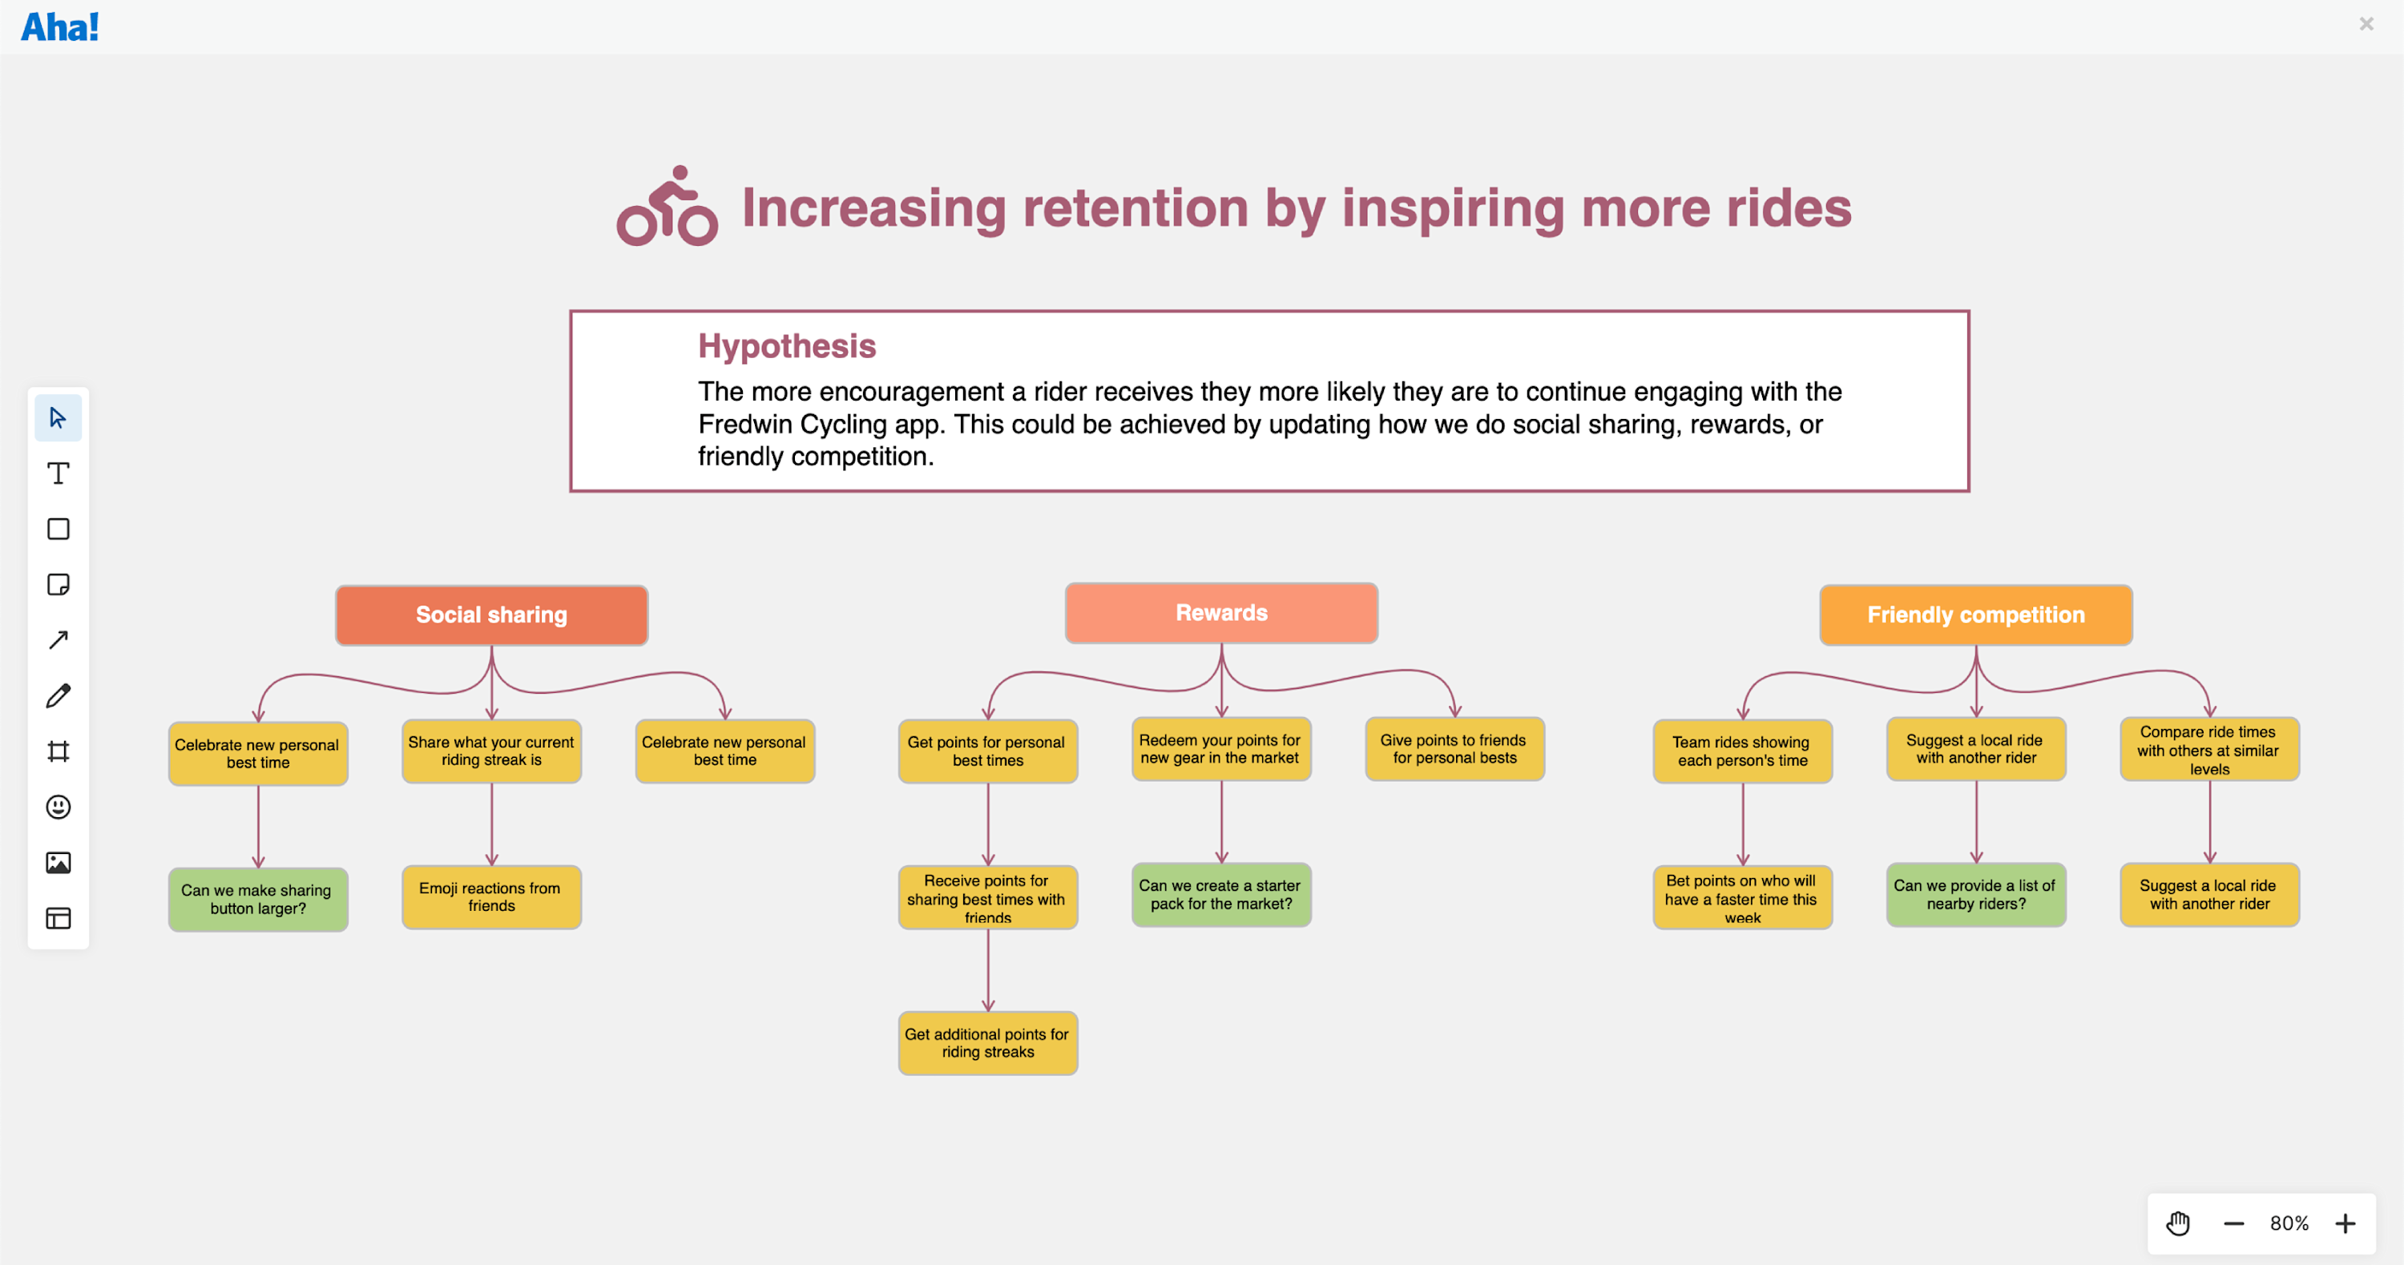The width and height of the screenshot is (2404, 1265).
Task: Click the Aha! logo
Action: pos(60,26)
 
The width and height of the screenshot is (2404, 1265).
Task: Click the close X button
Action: pos(2366,24)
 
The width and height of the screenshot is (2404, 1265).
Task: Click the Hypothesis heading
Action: pos(787,346)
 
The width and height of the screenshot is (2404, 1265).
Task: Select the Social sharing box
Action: pos(491,614)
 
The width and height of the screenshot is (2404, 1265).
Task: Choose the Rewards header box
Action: pos(1220,613)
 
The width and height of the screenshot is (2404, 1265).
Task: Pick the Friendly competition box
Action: pos(1974,614)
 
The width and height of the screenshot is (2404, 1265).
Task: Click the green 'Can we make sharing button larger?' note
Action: pos(257,900)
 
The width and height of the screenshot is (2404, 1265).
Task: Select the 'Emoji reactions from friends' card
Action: pos(491,896)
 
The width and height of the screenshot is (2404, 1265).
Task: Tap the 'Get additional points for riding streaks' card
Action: pos(987,1043)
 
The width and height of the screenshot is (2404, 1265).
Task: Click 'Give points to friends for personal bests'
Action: pos(1454,749)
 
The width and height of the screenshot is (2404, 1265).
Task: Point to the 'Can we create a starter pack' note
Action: pos(1220,895)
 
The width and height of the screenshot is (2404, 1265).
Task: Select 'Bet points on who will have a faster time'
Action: pos(1741,897)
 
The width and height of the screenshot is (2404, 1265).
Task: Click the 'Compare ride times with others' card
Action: pos(2209,749)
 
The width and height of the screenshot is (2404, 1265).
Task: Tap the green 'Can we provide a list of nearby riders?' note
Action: pos(1974,895)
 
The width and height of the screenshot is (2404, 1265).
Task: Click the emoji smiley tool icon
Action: pos(58,807)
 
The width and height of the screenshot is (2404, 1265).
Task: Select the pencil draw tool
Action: pos(58,696)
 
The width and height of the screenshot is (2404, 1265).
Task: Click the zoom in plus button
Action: pos(2346,1223)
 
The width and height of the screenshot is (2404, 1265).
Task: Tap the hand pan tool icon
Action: pos(2177,1223)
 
